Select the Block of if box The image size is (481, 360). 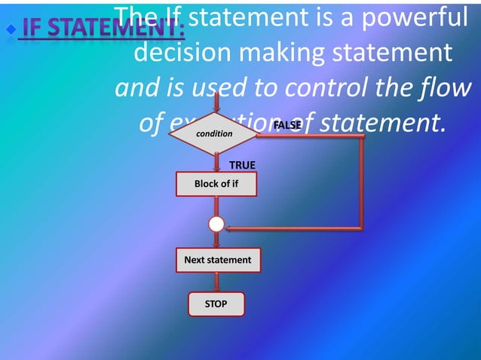click(x=216, y=184)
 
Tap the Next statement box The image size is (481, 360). click(x=218, y=260)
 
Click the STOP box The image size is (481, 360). click(x=216, y=304)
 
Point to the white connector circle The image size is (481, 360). click(x=216, y=224)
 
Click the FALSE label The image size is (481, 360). click(x=287, y=124)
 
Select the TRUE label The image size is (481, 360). click(x=242, y=164)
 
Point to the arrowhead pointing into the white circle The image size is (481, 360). click(x=231, y=227)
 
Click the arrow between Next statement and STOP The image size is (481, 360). click(x=217, y=282)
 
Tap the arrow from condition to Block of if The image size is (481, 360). click(x=217, y=163)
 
